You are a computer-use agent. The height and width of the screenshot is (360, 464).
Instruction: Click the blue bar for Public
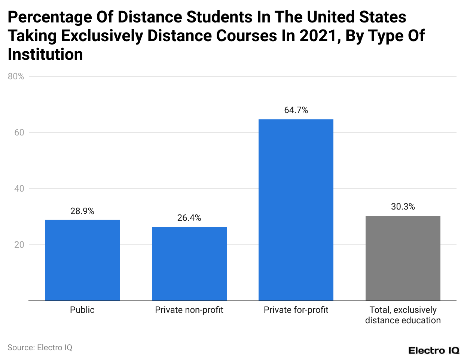click(82, 260)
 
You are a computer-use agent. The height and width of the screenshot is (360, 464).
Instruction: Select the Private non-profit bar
click(189, 263)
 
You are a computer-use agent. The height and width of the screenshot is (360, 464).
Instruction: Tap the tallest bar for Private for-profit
click(296, 210)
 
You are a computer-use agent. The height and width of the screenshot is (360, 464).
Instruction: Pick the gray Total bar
click(403, 258)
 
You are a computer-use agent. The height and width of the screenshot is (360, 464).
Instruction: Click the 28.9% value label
click(82, 211)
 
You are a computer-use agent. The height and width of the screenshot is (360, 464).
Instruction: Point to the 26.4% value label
click(189, 218)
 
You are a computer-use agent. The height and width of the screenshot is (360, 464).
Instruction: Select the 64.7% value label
click(296, 110)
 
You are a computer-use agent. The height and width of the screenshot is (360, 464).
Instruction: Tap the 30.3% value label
click(403, 207)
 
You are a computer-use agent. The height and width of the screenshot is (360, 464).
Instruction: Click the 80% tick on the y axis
click(16, 76)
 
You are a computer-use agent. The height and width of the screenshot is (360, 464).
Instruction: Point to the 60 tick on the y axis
click(19, 132)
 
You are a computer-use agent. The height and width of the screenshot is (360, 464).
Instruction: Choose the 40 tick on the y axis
click(19, 189)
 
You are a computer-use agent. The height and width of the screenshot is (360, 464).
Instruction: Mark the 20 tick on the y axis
click(19, 245)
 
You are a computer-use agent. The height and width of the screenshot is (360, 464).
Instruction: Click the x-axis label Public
click(82, 310)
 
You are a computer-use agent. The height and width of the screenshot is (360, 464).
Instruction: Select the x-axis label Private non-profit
click(189, 310)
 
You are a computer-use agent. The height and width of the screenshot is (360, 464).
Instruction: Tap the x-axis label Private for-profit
click(296, 310)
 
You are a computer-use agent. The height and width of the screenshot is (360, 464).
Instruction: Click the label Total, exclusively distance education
click(403, 315)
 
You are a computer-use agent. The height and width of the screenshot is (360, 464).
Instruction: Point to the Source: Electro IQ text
click(40, 348)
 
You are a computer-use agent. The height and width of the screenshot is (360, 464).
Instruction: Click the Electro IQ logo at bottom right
click(434, 351)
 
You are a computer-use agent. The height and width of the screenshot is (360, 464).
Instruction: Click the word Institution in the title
click(45, 55)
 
